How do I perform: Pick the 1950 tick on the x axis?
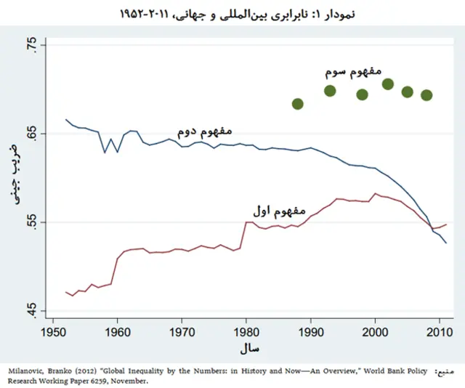(53, 334)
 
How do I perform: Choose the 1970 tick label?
(182, 334)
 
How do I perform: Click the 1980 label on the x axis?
(246, 334)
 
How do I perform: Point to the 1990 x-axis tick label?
(311, 334)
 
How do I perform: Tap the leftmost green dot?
(297, 104)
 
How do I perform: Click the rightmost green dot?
(426, 95)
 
